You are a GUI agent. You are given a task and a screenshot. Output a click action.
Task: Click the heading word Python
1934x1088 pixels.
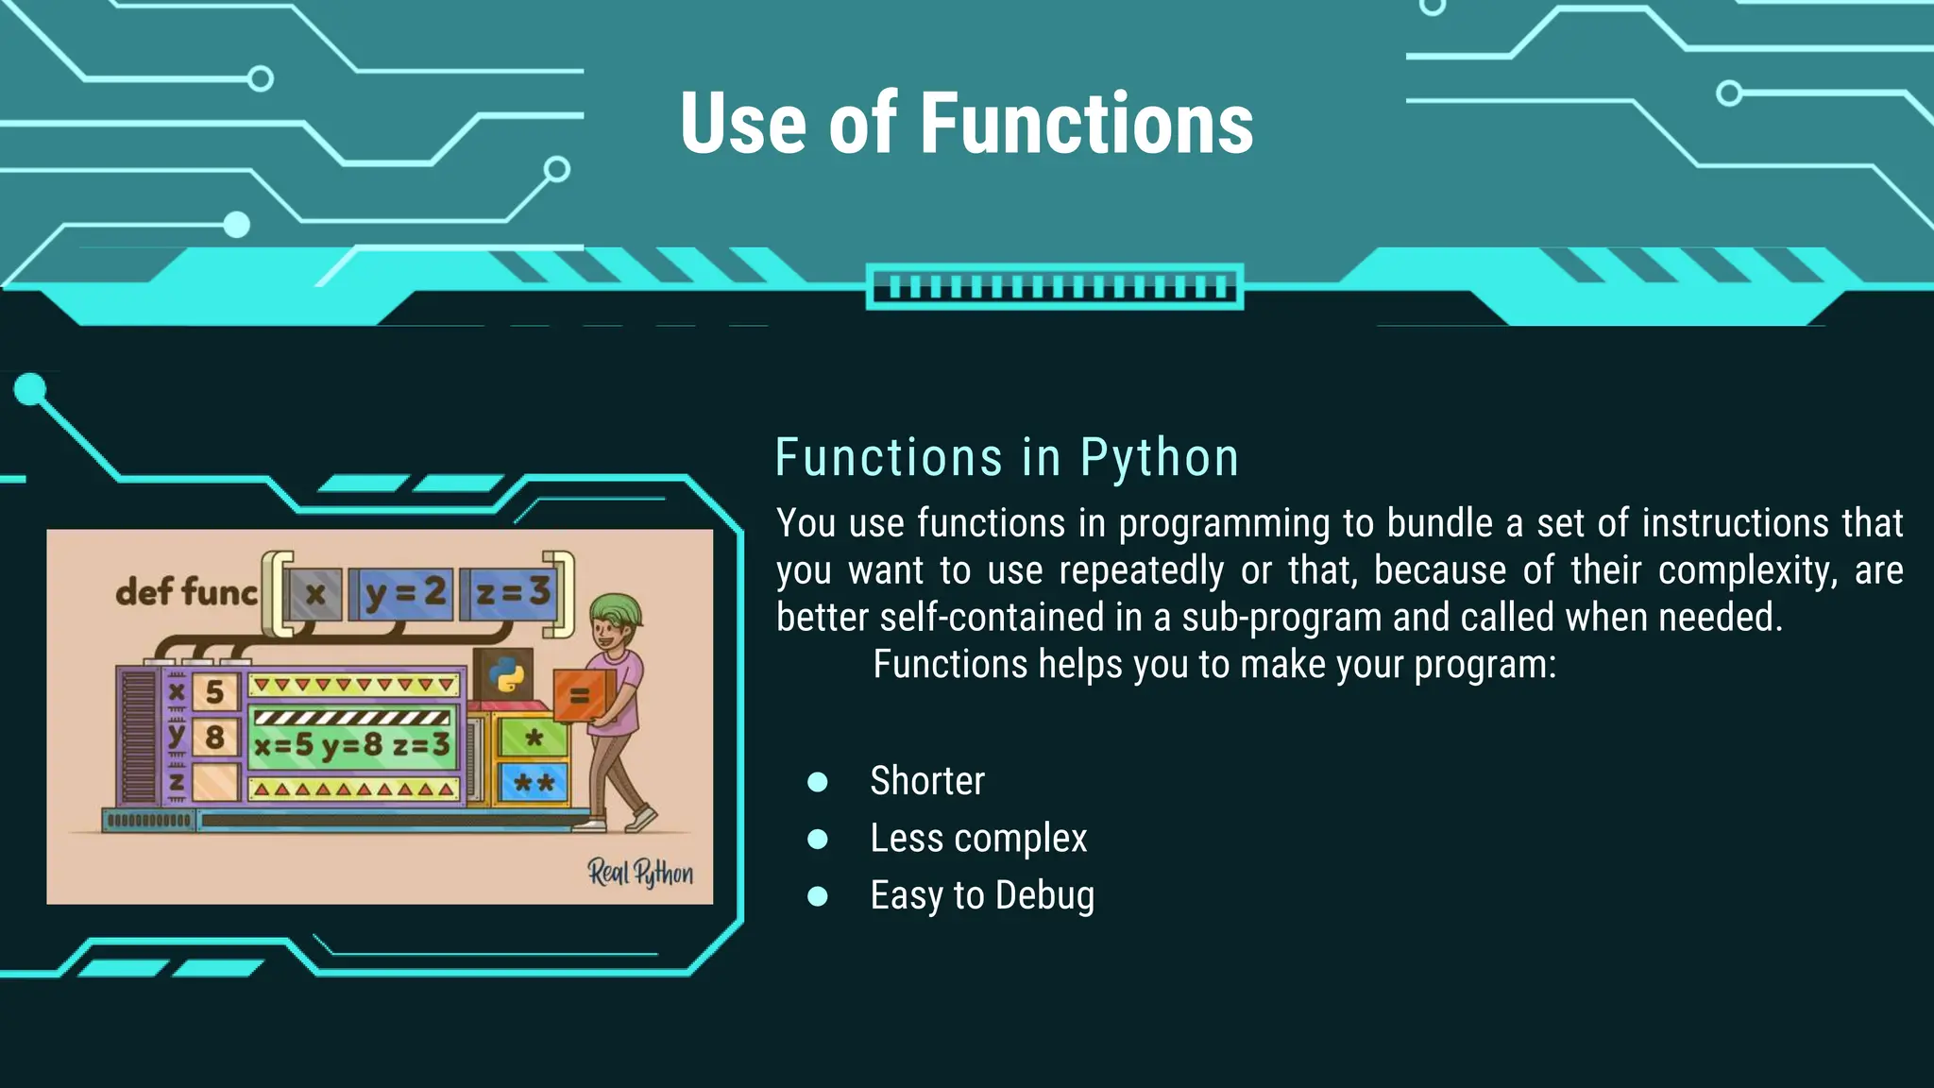(x=1159, y=458)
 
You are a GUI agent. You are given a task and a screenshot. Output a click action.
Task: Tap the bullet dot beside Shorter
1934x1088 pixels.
(x=818, y=782)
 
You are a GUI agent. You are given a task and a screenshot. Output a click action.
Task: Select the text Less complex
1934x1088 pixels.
(x=978, y=839)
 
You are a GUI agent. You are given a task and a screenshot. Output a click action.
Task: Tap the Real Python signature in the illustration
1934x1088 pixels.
(x=640, y=873)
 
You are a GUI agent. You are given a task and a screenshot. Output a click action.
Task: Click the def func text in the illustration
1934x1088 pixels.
(x=186, y=592)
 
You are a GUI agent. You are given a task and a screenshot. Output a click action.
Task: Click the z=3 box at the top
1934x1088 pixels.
(x=513, y=593)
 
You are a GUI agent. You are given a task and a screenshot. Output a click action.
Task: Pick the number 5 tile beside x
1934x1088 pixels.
(x=214, y=691)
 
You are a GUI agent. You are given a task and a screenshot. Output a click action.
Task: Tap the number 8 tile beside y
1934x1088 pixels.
(x=214, y=737)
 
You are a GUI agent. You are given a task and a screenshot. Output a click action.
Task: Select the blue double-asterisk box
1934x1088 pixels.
(x=534, y=782)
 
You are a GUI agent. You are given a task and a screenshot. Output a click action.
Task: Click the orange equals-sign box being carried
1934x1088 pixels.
(x=581, y=696)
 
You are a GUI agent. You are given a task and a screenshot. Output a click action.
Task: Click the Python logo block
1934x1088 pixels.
(x=505, y=674)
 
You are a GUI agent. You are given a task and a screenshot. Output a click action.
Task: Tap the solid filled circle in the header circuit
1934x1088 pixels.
(x=236, y=225)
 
